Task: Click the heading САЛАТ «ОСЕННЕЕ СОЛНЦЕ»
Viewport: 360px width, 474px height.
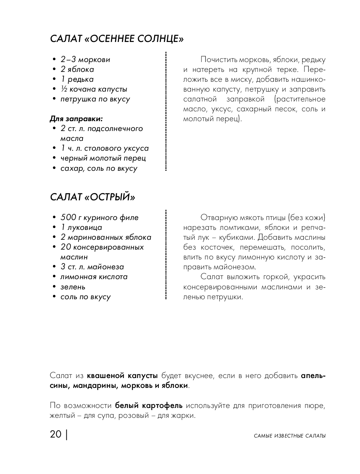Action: pyautogui.click(x=116, y=39)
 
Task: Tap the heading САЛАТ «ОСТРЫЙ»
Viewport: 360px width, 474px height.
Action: pyautogui.click(x=92, y=197)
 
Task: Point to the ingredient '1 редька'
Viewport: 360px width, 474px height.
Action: pyautogui.click(x=77, y=79)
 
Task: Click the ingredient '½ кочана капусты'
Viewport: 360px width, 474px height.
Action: pyautogui.click(x=94, y=89)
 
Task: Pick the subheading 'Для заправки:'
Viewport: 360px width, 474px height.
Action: pyautogui.click(x=76, y=119)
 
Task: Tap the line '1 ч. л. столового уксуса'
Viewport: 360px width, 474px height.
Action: pyautogui.click(x=104, y=148)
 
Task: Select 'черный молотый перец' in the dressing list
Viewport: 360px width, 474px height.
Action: pyautogui.click(x=103, y=158)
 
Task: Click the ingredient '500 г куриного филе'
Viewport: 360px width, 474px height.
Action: pyautogui.click(x=99, y=217)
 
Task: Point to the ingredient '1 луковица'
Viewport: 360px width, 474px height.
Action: pyautogui.click(x=81, y=227)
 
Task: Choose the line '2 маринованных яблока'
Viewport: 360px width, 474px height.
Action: pyautogui.click(x=106, y=237)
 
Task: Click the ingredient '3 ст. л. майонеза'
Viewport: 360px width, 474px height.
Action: pyautogui.click(x=92, y=267)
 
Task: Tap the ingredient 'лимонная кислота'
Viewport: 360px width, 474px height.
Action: pyautogui.click(x=94, y=277)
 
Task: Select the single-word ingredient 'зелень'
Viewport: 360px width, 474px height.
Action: pyautogui.click(x=73, y=287)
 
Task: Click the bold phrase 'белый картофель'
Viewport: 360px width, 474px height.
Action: pyautogui.click(x=149, y=405)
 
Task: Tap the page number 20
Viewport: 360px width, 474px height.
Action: pyautogui.click(x=56, y=435)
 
